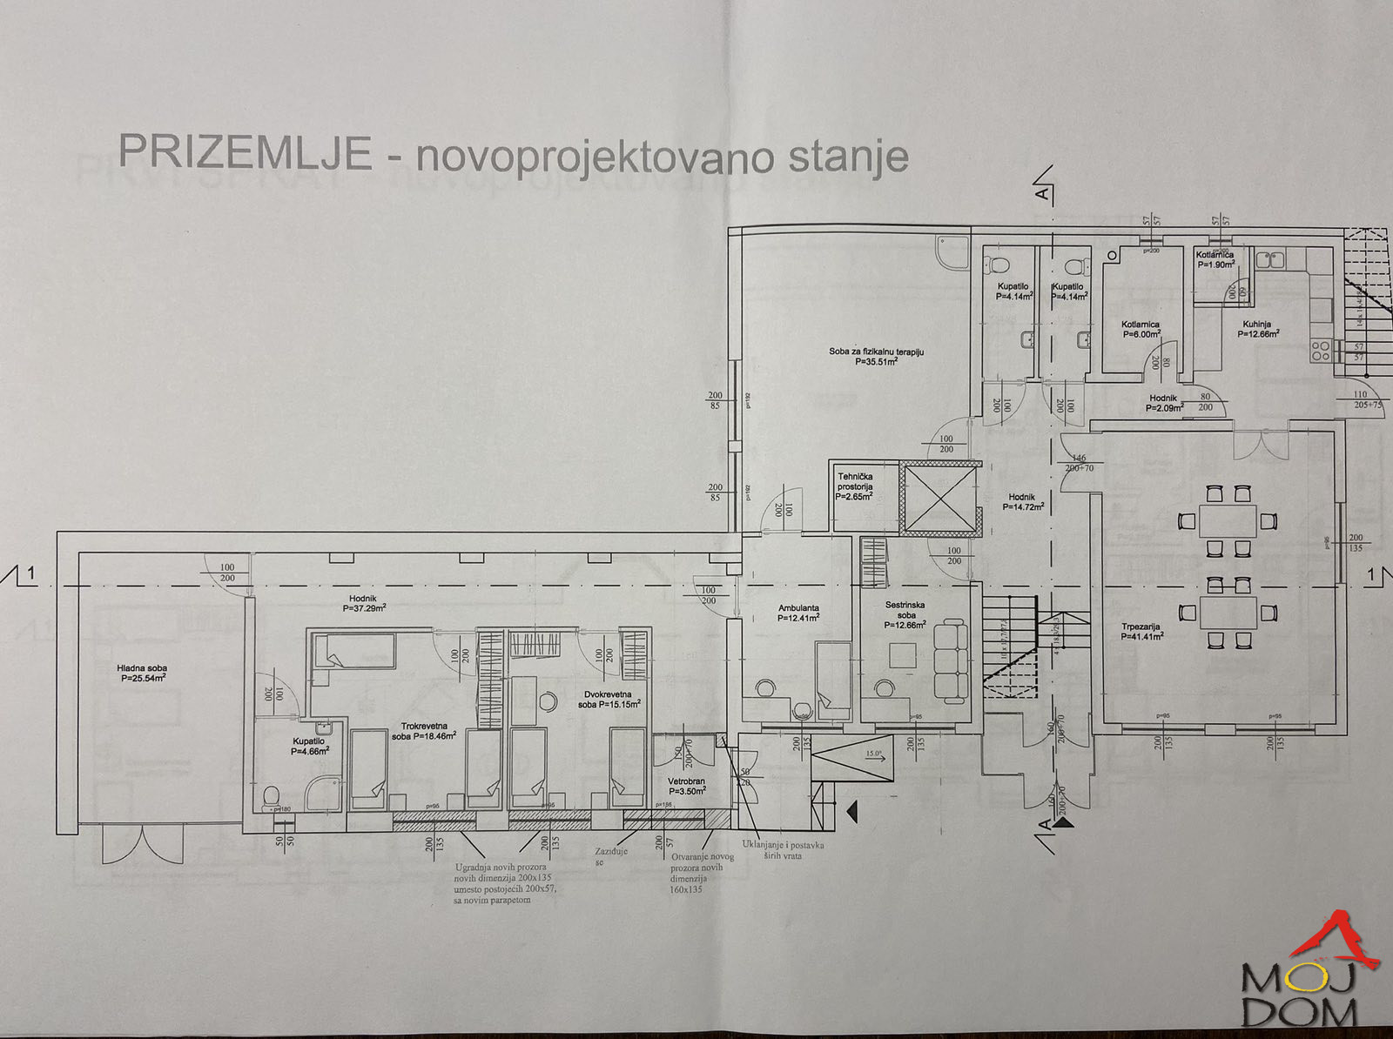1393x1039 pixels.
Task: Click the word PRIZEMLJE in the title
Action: pos(245,151)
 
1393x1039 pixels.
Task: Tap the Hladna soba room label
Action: pos(142,673)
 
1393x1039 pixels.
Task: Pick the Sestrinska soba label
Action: pos(905,614)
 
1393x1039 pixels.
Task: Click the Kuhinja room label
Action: pos(1260,329)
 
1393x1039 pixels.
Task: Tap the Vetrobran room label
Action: pos(686,786)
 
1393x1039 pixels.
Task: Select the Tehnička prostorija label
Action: pos(854,486)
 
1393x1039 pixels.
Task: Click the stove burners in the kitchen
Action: pos(1321,350)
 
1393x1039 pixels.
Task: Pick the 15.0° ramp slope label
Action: pos(874,754)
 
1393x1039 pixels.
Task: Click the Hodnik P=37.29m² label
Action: pos(362,603)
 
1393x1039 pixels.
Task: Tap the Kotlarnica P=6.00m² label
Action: pos(1141,329)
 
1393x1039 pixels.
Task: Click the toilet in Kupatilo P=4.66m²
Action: pos(271,795)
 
